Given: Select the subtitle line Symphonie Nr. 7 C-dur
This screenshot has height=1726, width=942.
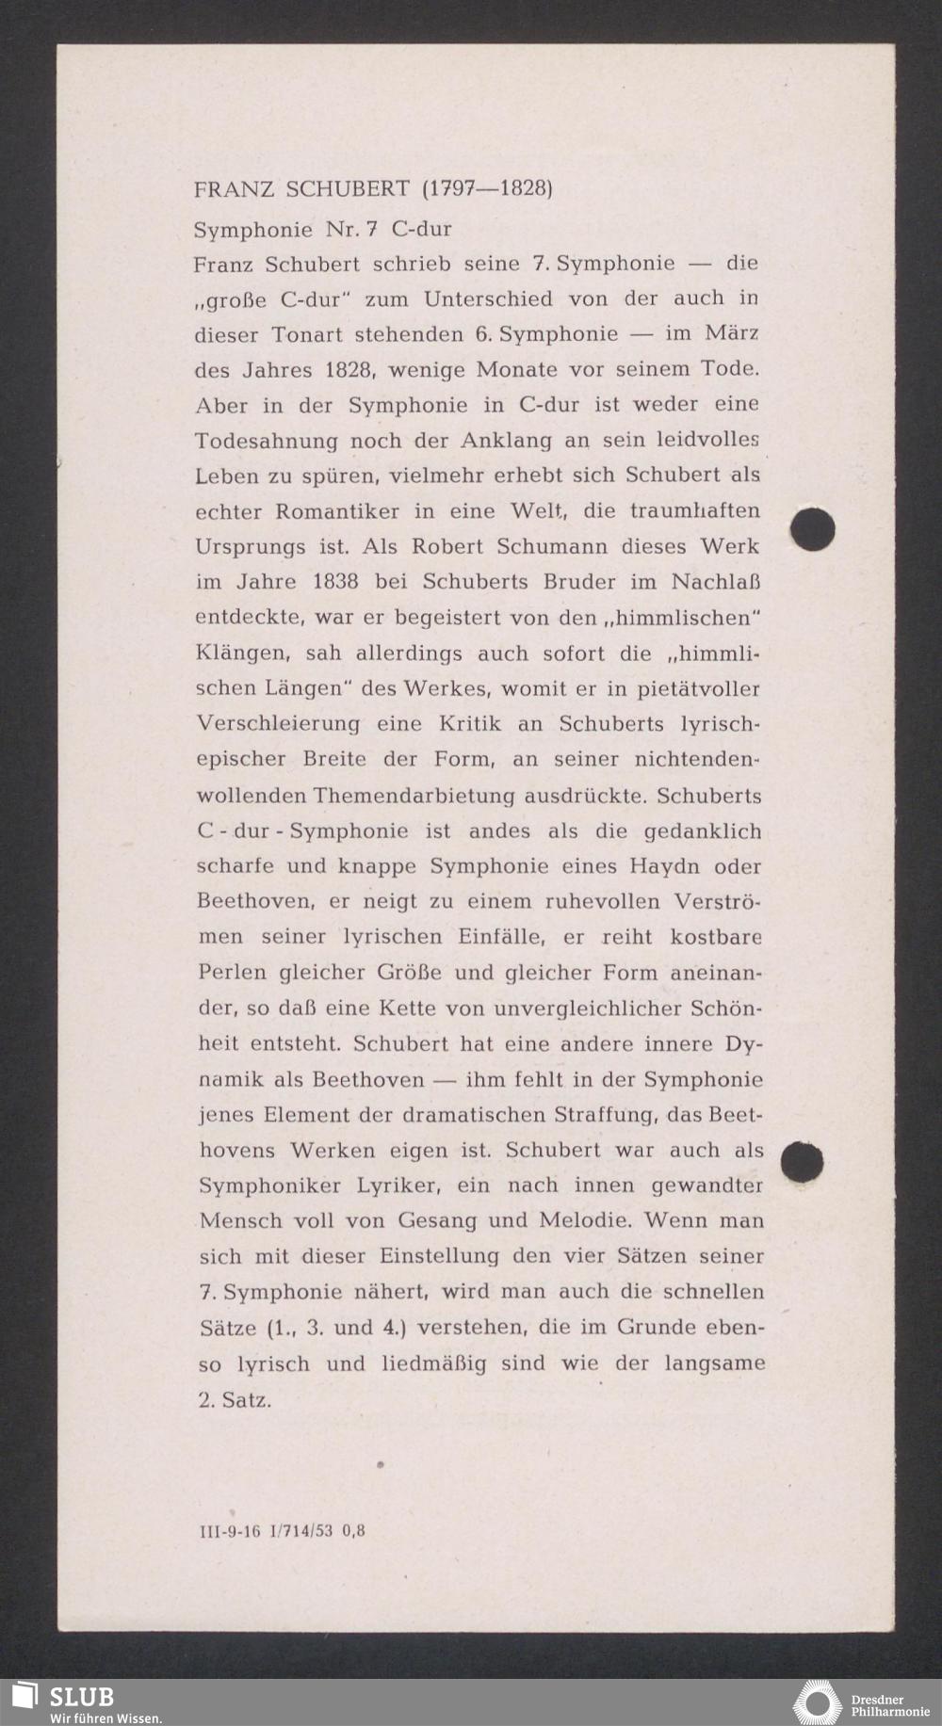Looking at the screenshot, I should (x=322, y=230).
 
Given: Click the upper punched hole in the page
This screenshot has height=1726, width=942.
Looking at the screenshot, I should (x=813, y=529).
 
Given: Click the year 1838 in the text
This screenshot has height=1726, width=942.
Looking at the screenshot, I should (x=334, y=582).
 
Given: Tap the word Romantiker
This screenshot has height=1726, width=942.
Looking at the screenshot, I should (x=338, y=512).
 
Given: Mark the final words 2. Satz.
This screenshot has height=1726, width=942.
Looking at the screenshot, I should (x=235, y=1399).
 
